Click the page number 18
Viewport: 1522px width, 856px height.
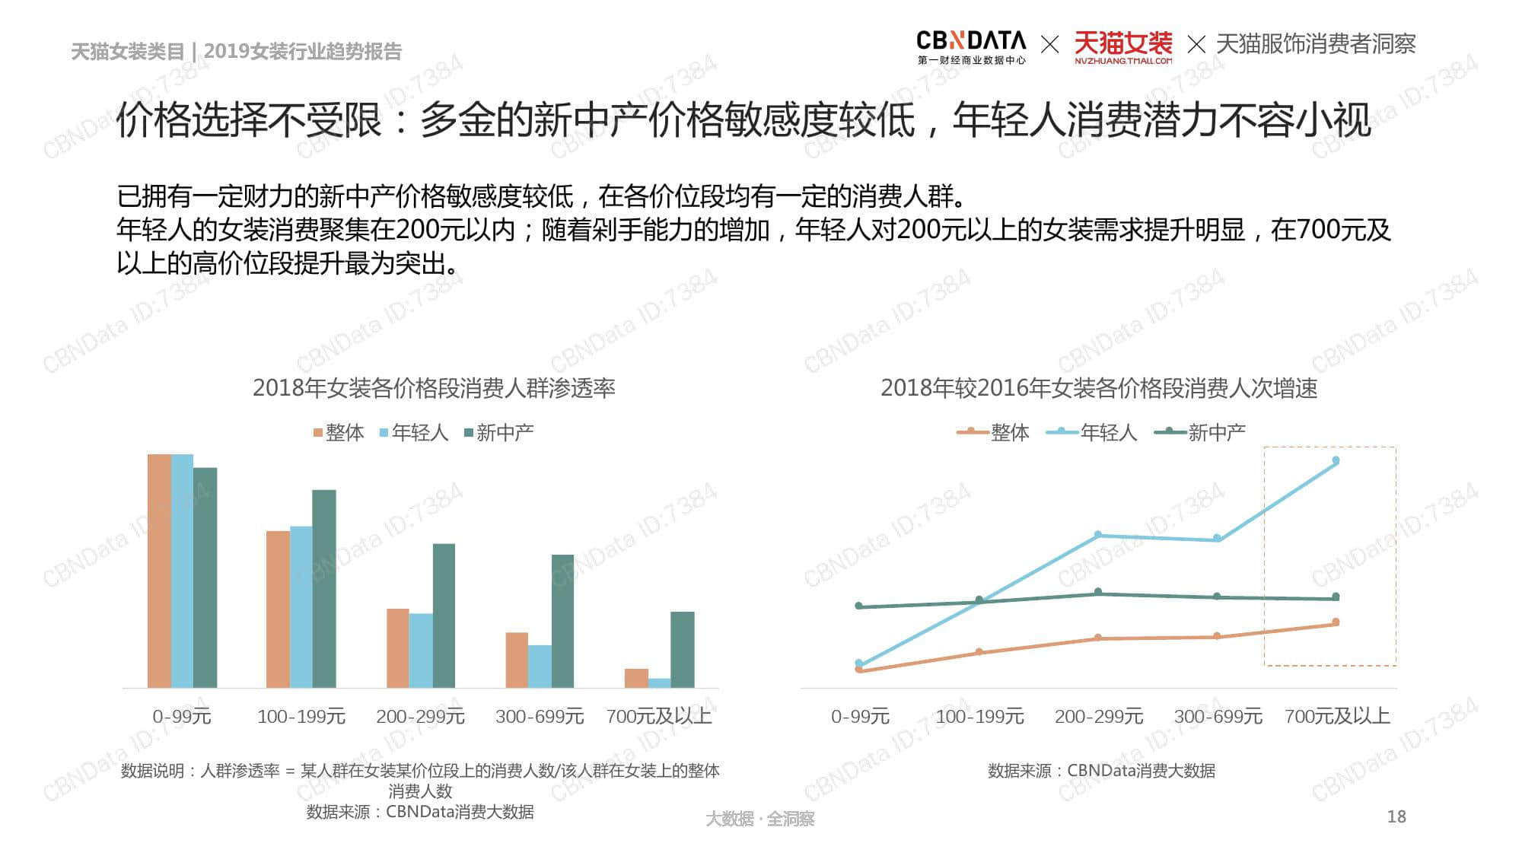click(x=1396, y=816)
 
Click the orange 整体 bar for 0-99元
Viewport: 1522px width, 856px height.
click(x=159, y=571)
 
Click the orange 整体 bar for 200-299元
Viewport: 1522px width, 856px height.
click(x=397, y=648)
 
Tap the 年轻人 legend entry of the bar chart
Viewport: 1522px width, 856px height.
click(x=413, y=433)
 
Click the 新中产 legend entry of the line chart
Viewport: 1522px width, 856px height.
click(x=1201, y=433)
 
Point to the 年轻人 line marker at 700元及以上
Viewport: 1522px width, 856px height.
click(x=1336, y=460)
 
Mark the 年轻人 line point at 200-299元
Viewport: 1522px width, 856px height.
click(x=1098, y=535)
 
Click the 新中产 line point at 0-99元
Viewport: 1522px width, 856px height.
click(x=859, y=606)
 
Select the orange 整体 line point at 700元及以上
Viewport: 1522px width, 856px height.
click(x=1336, y=622)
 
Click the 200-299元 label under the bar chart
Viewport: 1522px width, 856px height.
click(x=420, y=716)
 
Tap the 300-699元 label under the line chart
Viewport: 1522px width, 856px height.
click(x=1218, y=716)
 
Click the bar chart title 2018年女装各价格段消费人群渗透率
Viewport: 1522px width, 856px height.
click(x=434, y=388)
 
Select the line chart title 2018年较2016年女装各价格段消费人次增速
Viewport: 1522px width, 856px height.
click(x=1099, y=388)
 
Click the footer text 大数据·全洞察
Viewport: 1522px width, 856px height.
click(x=759, y=819)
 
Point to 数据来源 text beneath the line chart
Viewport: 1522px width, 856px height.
click(x=1101, y=771)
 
